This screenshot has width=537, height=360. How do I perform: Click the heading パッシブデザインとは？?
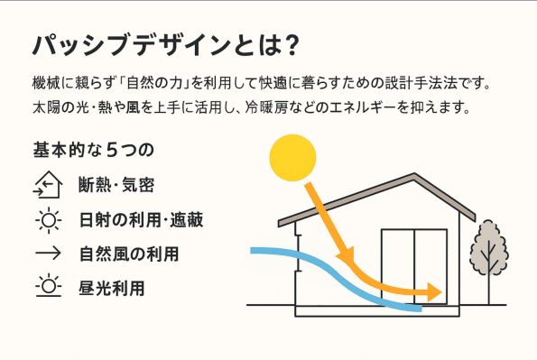(x=165, y=45)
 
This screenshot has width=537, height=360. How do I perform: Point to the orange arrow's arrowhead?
(x=436, y=292)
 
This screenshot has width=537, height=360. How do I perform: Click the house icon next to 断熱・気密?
(x=45, y=185)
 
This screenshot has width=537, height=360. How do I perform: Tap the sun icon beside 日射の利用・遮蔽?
(x=45, y=219)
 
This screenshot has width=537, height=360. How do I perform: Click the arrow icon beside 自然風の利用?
(x=45, y=254)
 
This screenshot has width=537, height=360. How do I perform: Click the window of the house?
(x=413, y=266)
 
